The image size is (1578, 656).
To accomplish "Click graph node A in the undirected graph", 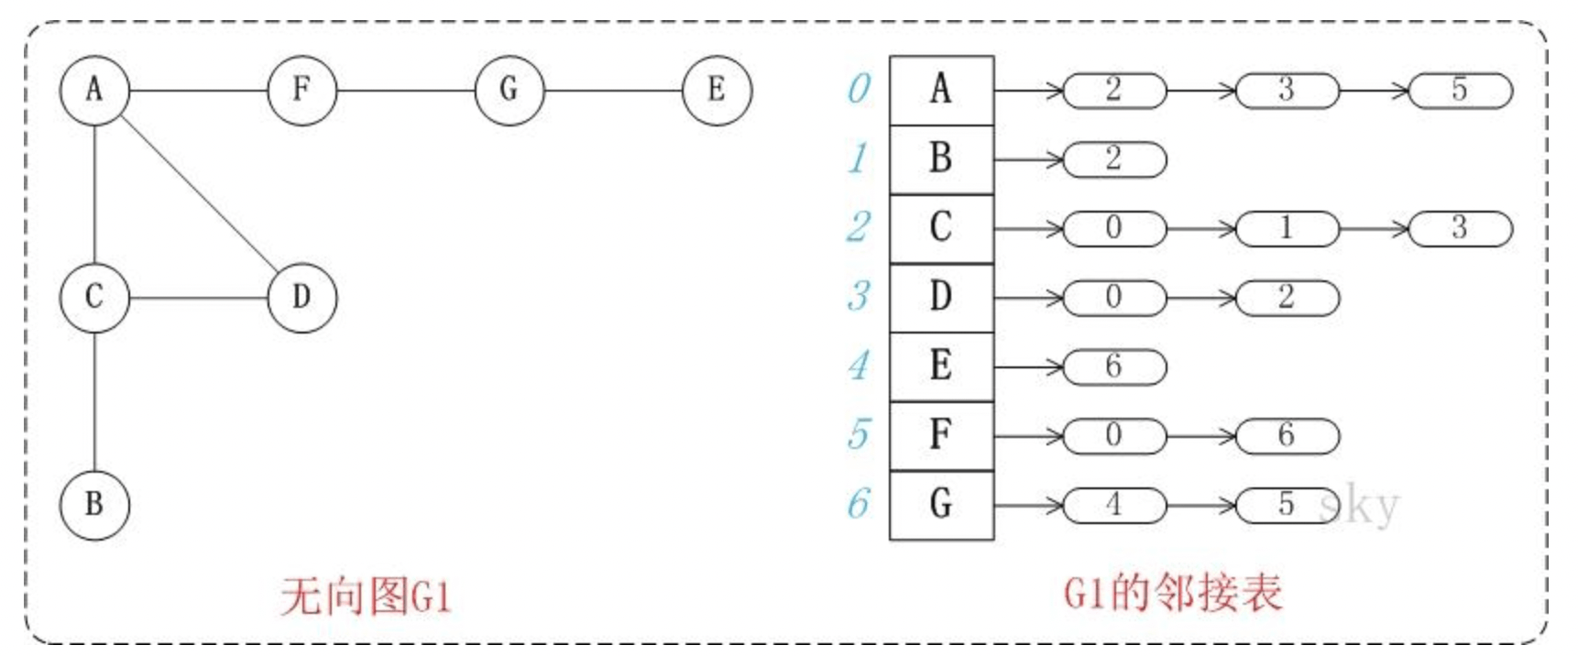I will click(94, 91).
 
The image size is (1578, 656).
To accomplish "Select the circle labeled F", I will click(302, 91).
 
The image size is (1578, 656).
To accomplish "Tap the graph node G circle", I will click(510, 91).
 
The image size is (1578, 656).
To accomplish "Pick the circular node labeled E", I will click(717, 91).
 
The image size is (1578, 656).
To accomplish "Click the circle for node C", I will click(94, 298).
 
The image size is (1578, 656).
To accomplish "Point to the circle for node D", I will click(302, 298).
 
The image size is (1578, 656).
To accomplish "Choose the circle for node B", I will click(94, 505).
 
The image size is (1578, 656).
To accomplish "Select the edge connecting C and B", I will click(94, 401).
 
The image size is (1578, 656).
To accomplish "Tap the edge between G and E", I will click(613, 91).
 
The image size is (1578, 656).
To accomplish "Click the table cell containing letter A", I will click(941, 91).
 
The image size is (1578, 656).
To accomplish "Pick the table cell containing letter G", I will click(941, 505).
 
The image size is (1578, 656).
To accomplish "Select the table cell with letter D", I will click(941, 298).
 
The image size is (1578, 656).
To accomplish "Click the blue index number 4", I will click(859, 366).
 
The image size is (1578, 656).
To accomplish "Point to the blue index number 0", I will click(859, 90).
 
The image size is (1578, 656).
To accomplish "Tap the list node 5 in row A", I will click(1459, 91).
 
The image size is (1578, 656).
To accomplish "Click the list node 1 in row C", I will click(1287, 228).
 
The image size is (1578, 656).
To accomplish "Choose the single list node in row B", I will click(1114, 159).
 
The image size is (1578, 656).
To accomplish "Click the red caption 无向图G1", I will click(366, 597).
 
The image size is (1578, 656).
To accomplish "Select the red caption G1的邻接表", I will click(1172, 594).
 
